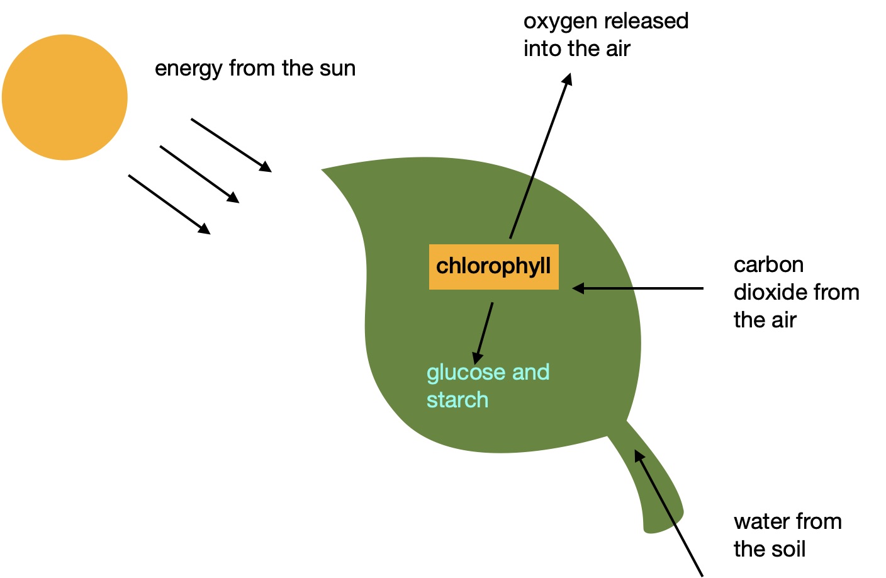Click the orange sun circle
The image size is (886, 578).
click(x=65, y=98)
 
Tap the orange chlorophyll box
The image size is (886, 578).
click(x=493, y=267)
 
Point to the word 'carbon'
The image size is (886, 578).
click(x=768, y=265)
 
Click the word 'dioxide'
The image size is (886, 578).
click(x=770, y=293)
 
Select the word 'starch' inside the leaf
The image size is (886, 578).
click(x=457, y=400)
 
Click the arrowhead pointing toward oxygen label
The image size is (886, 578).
click(x=568, y=79)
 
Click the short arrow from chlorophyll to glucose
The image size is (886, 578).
click(x=484, y=332)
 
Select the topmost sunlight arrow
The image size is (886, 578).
click(x=231, y=145)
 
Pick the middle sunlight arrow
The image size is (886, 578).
click(x=199, y=174)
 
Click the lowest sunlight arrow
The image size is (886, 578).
click(x=169, y=204)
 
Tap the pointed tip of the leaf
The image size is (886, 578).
click(x=323, y=170)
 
